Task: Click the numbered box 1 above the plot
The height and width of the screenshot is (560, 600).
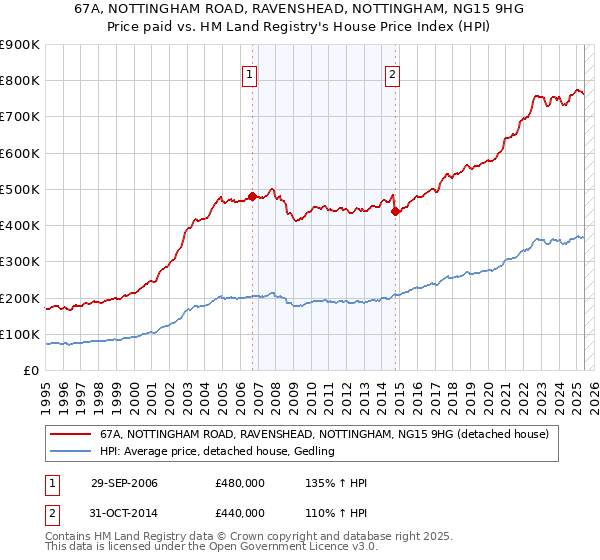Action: (248, 73)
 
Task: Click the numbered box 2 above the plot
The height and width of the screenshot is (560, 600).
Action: (393, 73)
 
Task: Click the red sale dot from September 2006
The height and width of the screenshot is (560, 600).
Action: (252, 196)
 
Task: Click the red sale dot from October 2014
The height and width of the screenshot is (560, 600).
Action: (397, 211)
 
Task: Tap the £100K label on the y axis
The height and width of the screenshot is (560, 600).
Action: (20, 335)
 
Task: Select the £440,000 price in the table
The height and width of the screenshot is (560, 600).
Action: (240, 513)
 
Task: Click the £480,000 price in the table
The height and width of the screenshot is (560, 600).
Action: (240, 484)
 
